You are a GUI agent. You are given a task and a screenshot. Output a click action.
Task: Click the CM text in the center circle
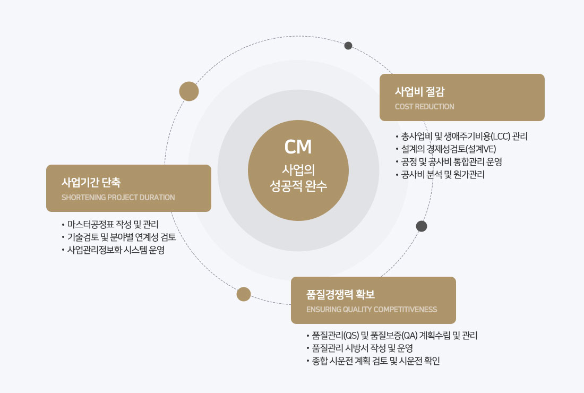tap(298, 147)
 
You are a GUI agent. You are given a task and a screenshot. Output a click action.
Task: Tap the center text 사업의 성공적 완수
tap(298, 178)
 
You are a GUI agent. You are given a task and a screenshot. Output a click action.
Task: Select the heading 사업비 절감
tap(419, 91)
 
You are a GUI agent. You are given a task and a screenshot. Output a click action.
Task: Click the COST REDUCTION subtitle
tap(424, 107)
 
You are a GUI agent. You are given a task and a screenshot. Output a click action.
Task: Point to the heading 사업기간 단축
tap(91, 182)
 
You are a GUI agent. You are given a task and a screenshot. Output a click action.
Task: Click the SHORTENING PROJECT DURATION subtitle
tap(118, 198)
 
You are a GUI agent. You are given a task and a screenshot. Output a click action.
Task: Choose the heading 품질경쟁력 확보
tap(340, 294)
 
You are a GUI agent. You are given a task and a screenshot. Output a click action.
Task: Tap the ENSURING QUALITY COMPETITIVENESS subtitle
tap(372, 310)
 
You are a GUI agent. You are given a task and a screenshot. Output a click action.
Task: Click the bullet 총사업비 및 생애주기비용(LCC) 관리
tap(464, 136)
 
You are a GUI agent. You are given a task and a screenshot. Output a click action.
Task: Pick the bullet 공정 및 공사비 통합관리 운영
tap(451, 161)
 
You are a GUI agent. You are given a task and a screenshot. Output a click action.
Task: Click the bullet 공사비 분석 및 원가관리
tap(443, 174)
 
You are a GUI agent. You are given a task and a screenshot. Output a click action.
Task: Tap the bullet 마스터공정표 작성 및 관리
tap(113, 224)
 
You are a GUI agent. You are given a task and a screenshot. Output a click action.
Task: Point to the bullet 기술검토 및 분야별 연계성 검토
tap(125, 237)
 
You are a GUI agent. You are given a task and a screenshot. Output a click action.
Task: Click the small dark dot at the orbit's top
tap(348, 46)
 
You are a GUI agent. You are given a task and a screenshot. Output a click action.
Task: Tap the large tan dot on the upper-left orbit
tap(189, 91)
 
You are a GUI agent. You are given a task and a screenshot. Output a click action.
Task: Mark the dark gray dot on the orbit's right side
tap(422, 226)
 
